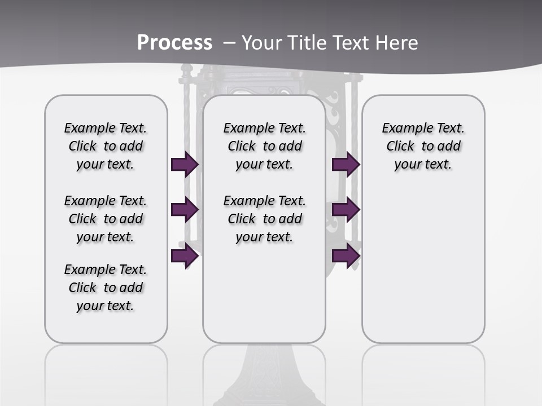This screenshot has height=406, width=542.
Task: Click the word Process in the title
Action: point(174,42)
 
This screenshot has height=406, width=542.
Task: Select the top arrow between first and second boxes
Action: point(184,164)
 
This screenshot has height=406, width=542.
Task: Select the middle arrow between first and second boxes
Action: point(184,210)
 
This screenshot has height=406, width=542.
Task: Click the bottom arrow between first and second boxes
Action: point(184,256)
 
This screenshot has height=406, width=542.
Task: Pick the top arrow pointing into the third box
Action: point(346,164)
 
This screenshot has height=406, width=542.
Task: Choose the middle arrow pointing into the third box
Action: point(346,210)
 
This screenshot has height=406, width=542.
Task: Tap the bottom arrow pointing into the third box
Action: point(346,256)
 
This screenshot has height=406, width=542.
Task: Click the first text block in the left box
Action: point(106,146)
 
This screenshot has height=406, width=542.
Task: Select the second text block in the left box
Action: point(106,219)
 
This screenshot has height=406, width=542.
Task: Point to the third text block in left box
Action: point(106,288)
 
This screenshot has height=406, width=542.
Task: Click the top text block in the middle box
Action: point(264,146)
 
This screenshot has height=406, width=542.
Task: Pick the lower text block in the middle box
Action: point(264,219)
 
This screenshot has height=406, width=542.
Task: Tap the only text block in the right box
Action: point(423,146)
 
